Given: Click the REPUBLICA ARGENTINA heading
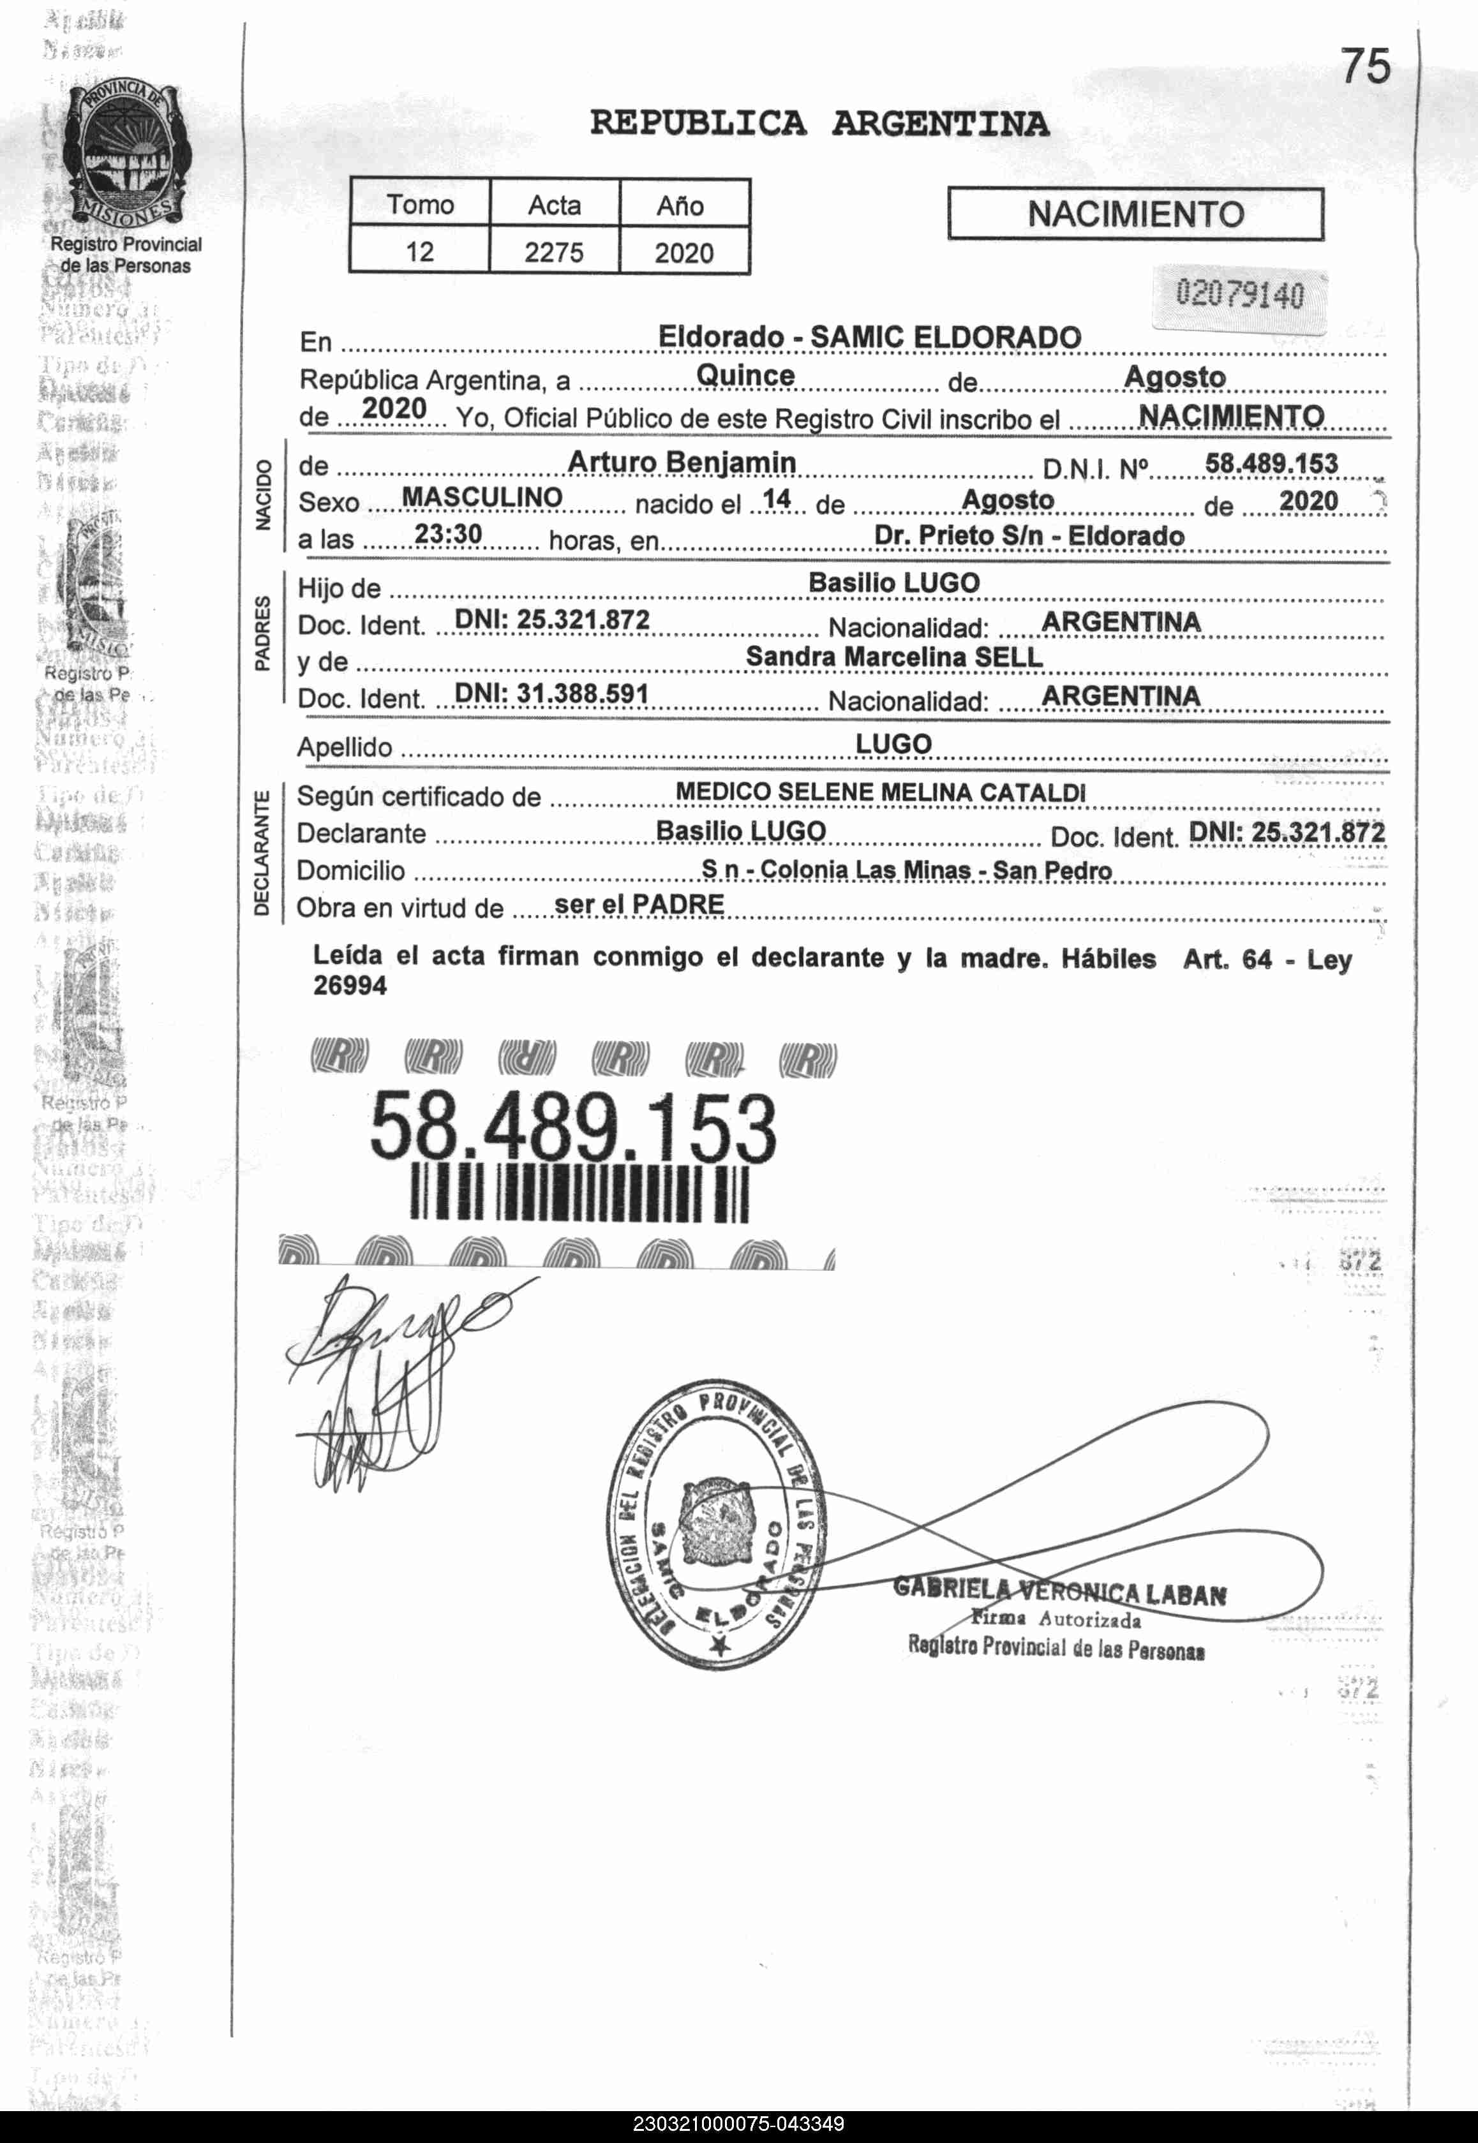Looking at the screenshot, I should tap(819, 123).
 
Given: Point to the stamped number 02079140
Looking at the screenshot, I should tap(1239, 295).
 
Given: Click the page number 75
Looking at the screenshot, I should tap(1366, 66).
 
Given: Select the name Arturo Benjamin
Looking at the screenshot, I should tap(682, 462).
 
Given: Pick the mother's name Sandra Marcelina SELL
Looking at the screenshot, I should tap(893, 656).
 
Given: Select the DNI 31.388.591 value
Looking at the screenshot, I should tap(552, 693).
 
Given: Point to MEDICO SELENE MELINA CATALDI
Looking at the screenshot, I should tap(880, 792).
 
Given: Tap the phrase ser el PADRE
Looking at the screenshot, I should tap(639, 905).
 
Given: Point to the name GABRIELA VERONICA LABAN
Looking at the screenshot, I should tap(1059, 1592).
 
